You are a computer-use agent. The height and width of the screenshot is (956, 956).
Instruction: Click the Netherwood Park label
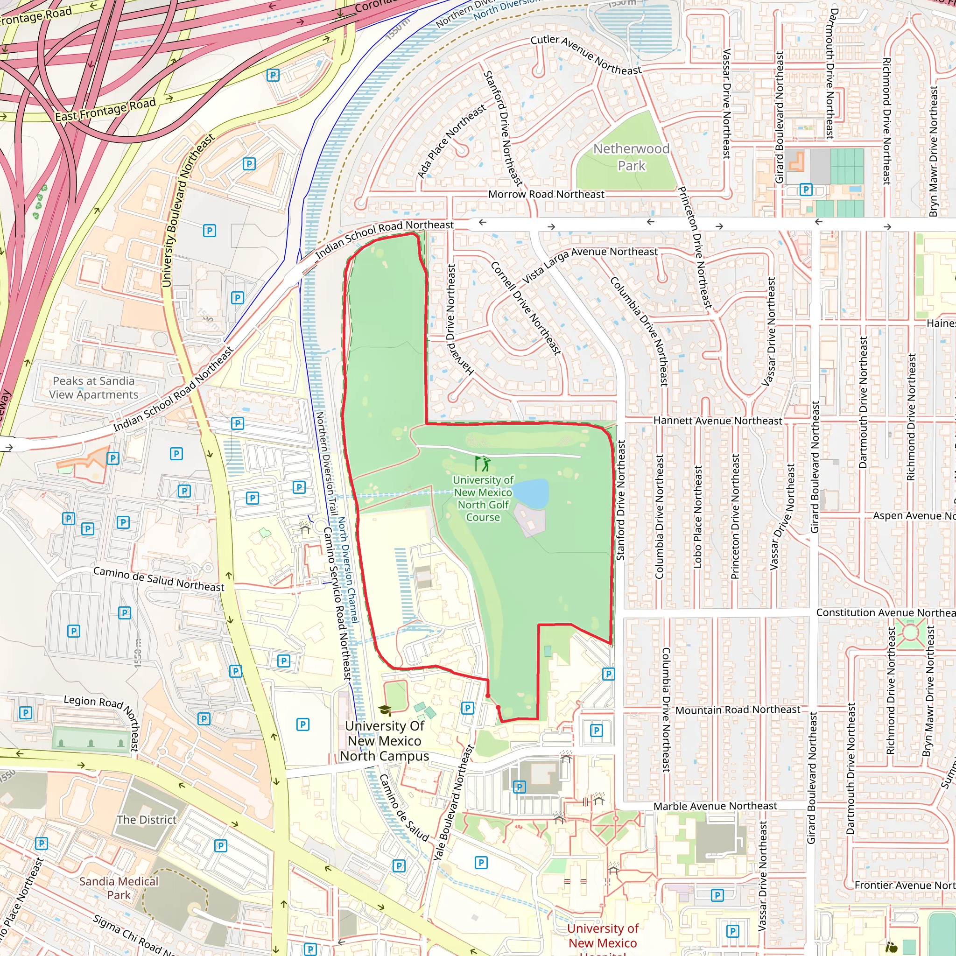(x=631, y=157)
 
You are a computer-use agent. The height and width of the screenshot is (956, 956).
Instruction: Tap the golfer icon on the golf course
(x=483, y=464)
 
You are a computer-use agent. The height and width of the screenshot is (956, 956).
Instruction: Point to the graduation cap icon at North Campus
(x=385, y=710)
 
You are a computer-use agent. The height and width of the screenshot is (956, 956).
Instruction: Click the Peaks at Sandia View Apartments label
(x=93, y=387)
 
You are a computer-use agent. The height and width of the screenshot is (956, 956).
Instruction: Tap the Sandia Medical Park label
(x=119, y=888)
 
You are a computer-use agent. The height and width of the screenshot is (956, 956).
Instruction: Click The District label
(x=147, y=820)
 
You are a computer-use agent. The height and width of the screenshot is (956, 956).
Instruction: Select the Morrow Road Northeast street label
(x=546, y=195)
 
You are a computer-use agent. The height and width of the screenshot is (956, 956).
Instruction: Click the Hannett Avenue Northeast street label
(x=717, y=421)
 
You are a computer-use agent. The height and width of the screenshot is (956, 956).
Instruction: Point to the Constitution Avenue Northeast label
(x=885, y=612)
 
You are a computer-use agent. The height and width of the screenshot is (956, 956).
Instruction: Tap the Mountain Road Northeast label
(x=737, y=710)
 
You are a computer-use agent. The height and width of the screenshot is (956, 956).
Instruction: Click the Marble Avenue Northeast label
(x=715, y=806)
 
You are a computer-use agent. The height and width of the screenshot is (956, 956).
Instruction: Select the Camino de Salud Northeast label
(x=158, y=579)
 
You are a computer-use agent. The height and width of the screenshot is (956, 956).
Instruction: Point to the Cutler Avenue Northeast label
(x=586, y=55)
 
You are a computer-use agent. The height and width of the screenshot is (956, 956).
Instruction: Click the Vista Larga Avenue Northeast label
(x=589, y=262)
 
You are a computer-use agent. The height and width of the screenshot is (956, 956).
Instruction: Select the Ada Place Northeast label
(x=451, y=141)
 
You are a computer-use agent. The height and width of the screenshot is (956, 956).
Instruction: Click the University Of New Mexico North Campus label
(x=385, y=741)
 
